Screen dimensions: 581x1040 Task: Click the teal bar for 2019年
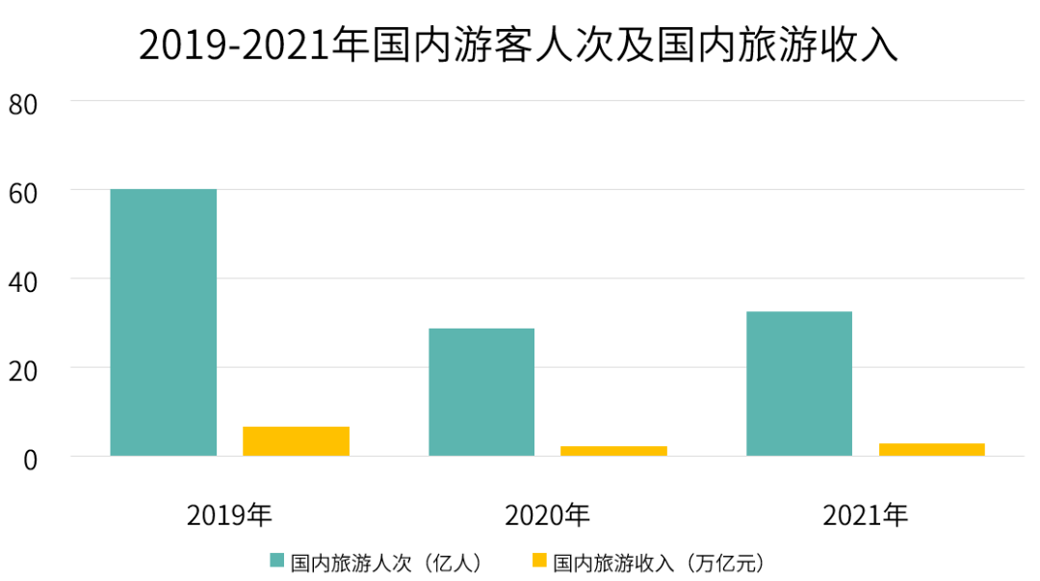click(x=164, y=322)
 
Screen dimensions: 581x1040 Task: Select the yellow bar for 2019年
click(x=296, y=441)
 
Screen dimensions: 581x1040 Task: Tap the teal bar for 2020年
click(x=481, y=392)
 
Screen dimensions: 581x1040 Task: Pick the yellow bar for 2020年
click(x=613, y=451)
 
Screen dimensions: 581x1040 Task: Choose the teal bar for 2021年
click(x=799, y=383)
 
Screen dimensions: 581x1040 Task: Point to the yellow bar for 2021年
click(x=931, y=449)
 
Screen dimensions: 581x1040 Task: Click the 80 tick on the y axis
click(x=23, y=103)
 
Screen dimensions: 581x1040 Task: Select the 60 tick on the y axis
click(x=23, y=192)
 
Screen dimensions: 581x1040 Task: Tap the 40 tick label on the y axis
click(x=23, y=280)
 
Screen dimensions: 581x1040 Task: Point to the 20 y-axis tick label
click(x=23, y=369)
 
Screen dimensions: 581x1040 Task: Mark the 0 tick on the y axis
click(x=30, y=459)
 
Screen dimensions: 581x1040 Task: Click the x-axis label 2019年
click(x=229, y=515)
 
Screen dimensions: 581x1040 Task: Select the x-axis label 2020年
click(x=547, y=515)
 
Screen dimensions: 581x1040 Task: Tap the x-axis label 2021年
click(x=865, y=515)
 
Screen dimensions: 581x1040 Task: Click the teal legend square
click(x=277, y=560)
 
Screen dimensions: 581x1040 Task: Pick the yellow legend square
click(x=539, y=560)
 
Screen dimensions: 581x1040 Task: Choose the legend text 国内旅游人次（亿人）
click(x=385, y=561)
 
